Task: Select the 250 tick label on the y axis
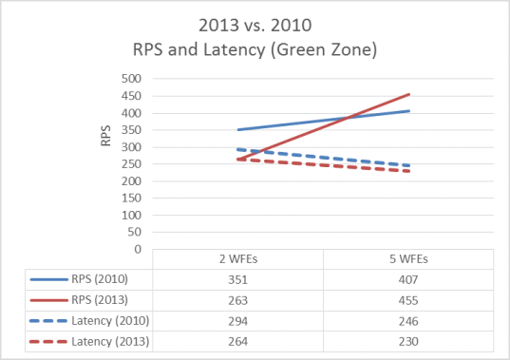[131, 163]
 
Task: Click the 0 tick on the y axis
[137, 249]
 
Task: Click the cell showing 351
[237, 280]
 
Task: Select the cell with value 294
[237, 321]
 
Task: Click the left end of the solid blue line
[237, 129]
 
